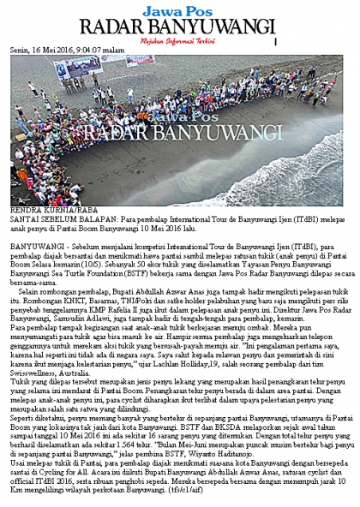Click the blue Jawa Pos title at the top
(179, 9)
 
